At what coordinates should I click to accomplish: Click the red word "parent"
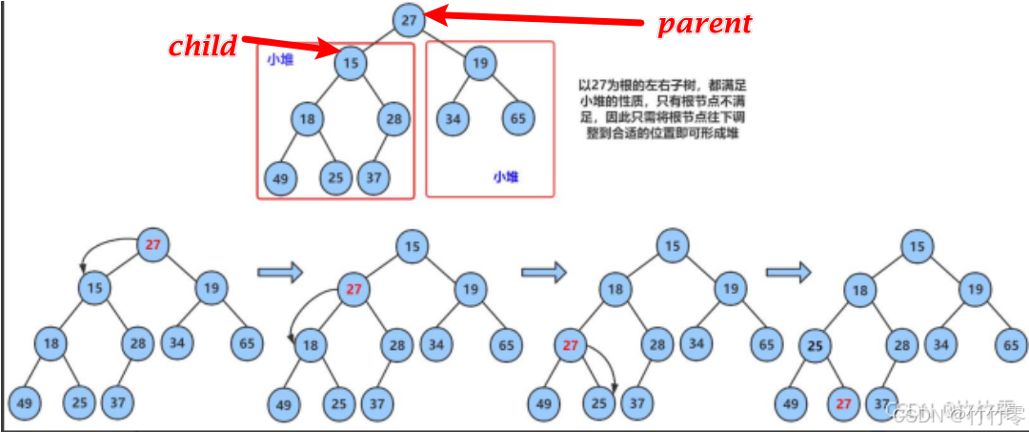704,23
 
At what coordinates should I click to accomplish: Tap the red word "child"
202,46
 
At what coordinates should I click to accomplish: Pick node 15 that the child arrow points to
351,64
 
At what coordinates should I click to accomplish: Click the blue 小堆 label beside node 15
280,59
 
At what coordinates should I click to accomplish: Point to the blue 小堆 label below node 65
506,176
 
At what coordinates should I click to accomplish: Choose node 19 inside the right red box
481,64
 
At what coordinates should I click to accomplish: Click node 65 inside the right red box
517,119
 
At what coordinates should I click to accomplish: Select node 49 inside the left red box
280,177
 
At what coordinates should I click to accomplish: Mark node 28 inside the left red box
393,119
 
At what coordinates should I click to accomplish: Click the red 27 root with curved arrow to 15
152,244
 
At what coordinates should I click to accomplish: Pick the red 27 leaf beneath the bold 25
843,403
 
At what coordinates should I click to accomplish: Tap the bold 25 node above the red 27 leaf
813,344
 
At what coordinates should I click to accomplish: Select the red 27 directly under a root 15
354,289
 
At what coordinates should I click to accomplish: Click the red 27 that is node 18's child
571,345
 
